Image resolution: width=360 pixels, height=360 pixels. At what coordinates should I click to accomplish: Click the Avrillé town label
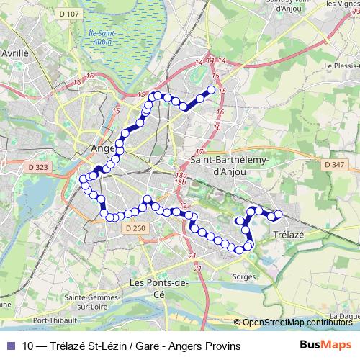14,53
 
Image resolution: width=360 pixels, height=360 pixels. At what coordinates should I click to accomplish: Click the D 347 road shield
333,165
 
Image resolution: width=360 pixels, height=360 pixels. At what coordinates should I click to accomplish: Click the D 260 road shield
134,228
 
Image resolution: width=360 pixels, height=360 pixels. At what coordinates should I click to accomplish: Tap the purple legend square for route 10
11,346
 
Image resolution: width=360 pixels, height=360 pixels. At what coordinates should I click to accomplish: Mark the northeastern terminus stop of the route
212,90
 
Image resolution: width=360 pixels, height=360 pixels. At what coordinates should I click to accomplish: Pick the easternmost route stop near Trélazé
279,214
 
